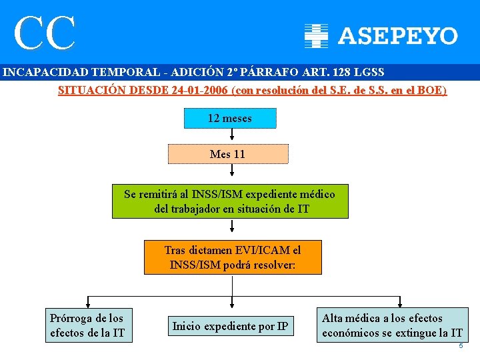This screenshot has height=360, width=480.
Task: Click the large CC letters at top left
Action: click(45, 33)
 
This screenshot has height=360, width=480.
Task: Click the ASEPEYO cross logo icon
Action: click(317, 36)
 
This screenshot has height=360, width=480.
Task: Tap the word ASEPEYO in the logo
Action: click(398, 36)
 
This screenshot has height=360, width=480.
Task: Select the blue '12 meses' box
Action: click(229, 119)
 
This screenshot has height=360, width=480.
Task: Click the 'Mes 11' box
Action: click(227, 154)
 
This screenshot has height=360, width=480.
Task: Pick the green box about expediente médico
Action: click(230, 202)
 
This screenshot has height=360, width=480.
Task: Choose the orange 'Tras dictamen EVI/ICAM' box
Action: click(233, 257)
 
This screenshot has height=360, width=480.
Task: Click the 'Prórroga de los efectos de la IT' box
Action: click(87, 325)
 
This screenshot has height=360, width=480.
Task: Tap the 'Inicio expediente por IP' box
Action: click(230, 326)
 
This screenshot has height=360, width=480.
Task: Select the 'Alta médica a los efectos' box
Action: click(392, 325)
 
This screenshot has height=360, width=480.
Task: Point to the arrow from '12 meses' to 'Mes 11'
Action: click(229, 136)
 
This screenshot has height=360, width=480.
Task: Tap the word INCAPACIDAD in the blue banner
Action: click(41, 72)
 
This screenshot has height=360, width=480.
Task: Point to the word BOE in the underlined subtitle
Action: click(429, 90)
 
